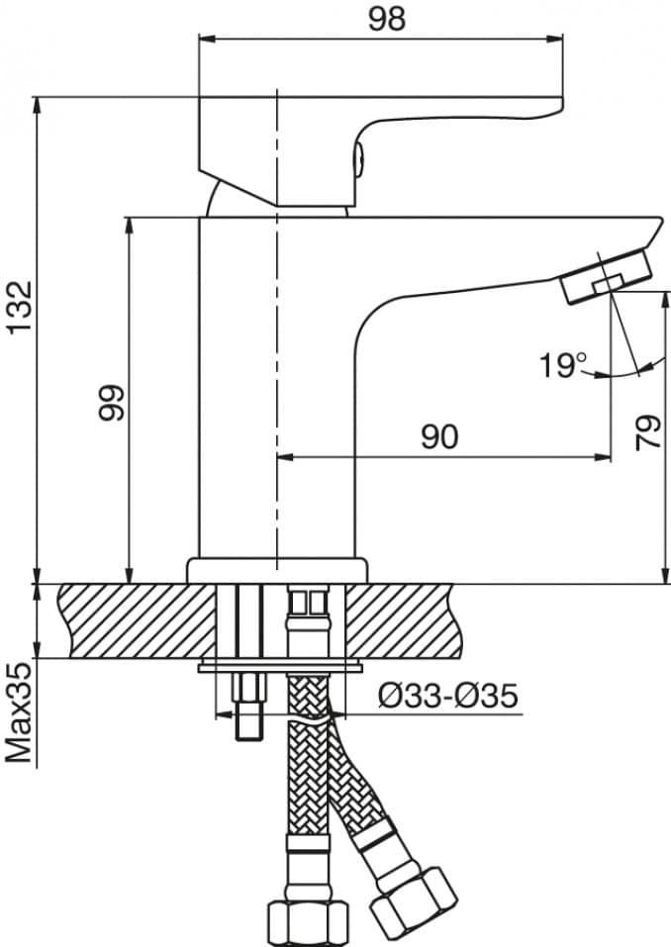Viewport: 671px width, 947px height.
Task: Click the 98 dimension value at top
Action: click(386, 19)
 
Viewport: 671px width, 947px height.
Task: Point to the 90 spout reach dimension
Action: click(438, 436)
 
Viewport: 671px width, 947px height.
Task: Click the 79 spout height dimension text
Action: click(647, 432)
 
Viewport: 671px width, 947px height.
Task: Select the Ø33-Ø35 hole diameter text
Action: click(447, 697)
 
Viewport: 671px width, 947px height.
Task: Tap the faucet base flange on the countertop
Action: click(277, 570)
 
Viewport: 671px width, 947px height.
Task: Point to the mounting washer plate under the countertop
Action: click(278, 666)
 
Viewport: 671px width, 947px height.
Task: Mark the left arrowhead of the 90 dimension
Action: click(283, 457)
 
